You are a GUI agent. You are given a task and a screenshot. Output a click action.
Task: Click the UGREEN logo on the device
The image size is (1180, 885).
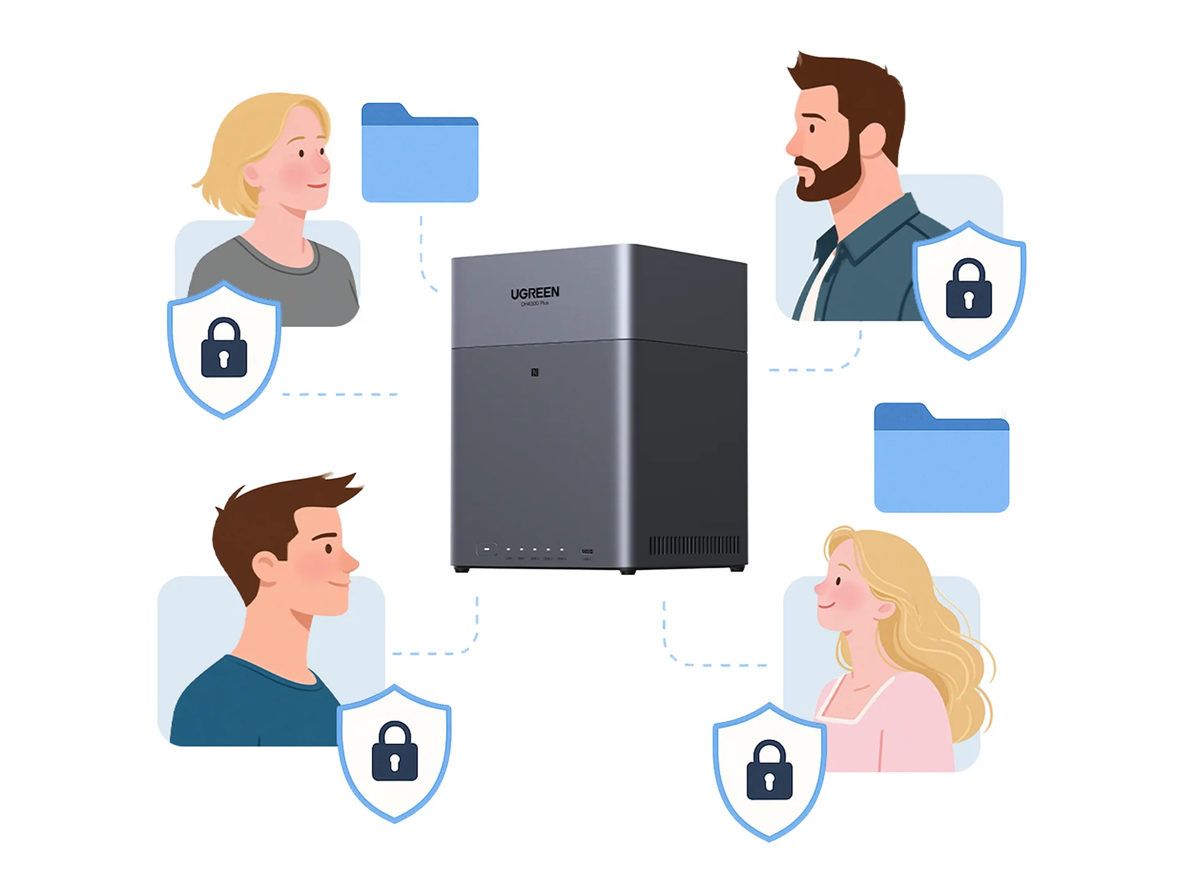(535, 293)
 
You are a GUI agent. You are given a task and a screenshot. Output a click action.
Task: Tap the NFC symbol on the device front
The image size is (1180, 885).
(535, 372)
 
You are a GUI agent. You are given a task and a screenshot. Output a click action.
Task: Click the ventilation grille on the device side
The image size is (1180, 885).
(694, 545)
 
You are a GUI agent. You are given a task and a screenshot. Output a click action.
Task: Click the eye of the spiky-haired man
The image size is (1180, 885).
(329, 549)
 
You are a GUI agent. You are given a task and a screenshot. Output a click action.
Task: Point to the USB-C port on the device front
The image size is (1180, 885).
(587, 551)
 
